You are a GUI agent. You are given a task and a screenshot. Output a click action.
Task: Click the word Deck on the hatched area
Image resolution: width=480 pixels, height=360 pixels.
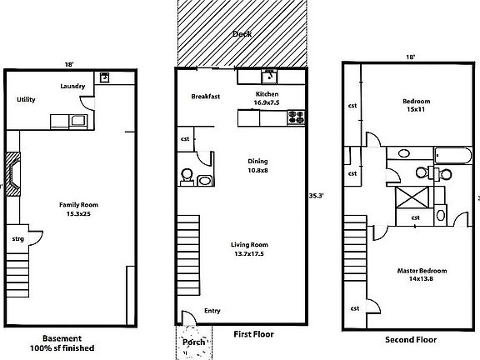(241, 34)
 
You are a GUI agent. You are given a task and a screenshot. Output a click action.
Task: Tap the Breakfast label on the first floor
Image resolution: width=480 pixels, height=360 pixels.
(205, 96)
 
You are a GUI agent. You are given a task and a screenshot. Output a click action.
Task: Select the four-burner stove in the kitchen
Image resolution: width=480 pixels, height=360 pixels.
(297, 117)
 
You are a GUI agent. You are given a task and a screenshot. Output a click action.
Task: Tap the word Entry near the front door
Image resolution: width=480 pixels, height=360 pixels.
(212, 311)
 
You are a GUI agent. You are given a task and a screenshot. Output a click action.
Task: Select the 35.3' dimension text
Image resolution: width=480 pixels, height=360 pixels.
(316, 196)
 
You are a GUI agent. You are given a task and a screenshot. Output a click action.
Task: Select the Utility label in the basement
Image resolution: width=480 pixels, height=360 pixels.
(26, 99)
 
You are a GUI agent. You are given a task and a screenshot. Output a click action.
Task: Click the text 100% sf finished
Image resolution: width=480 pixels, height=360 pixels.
(62, 348)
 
